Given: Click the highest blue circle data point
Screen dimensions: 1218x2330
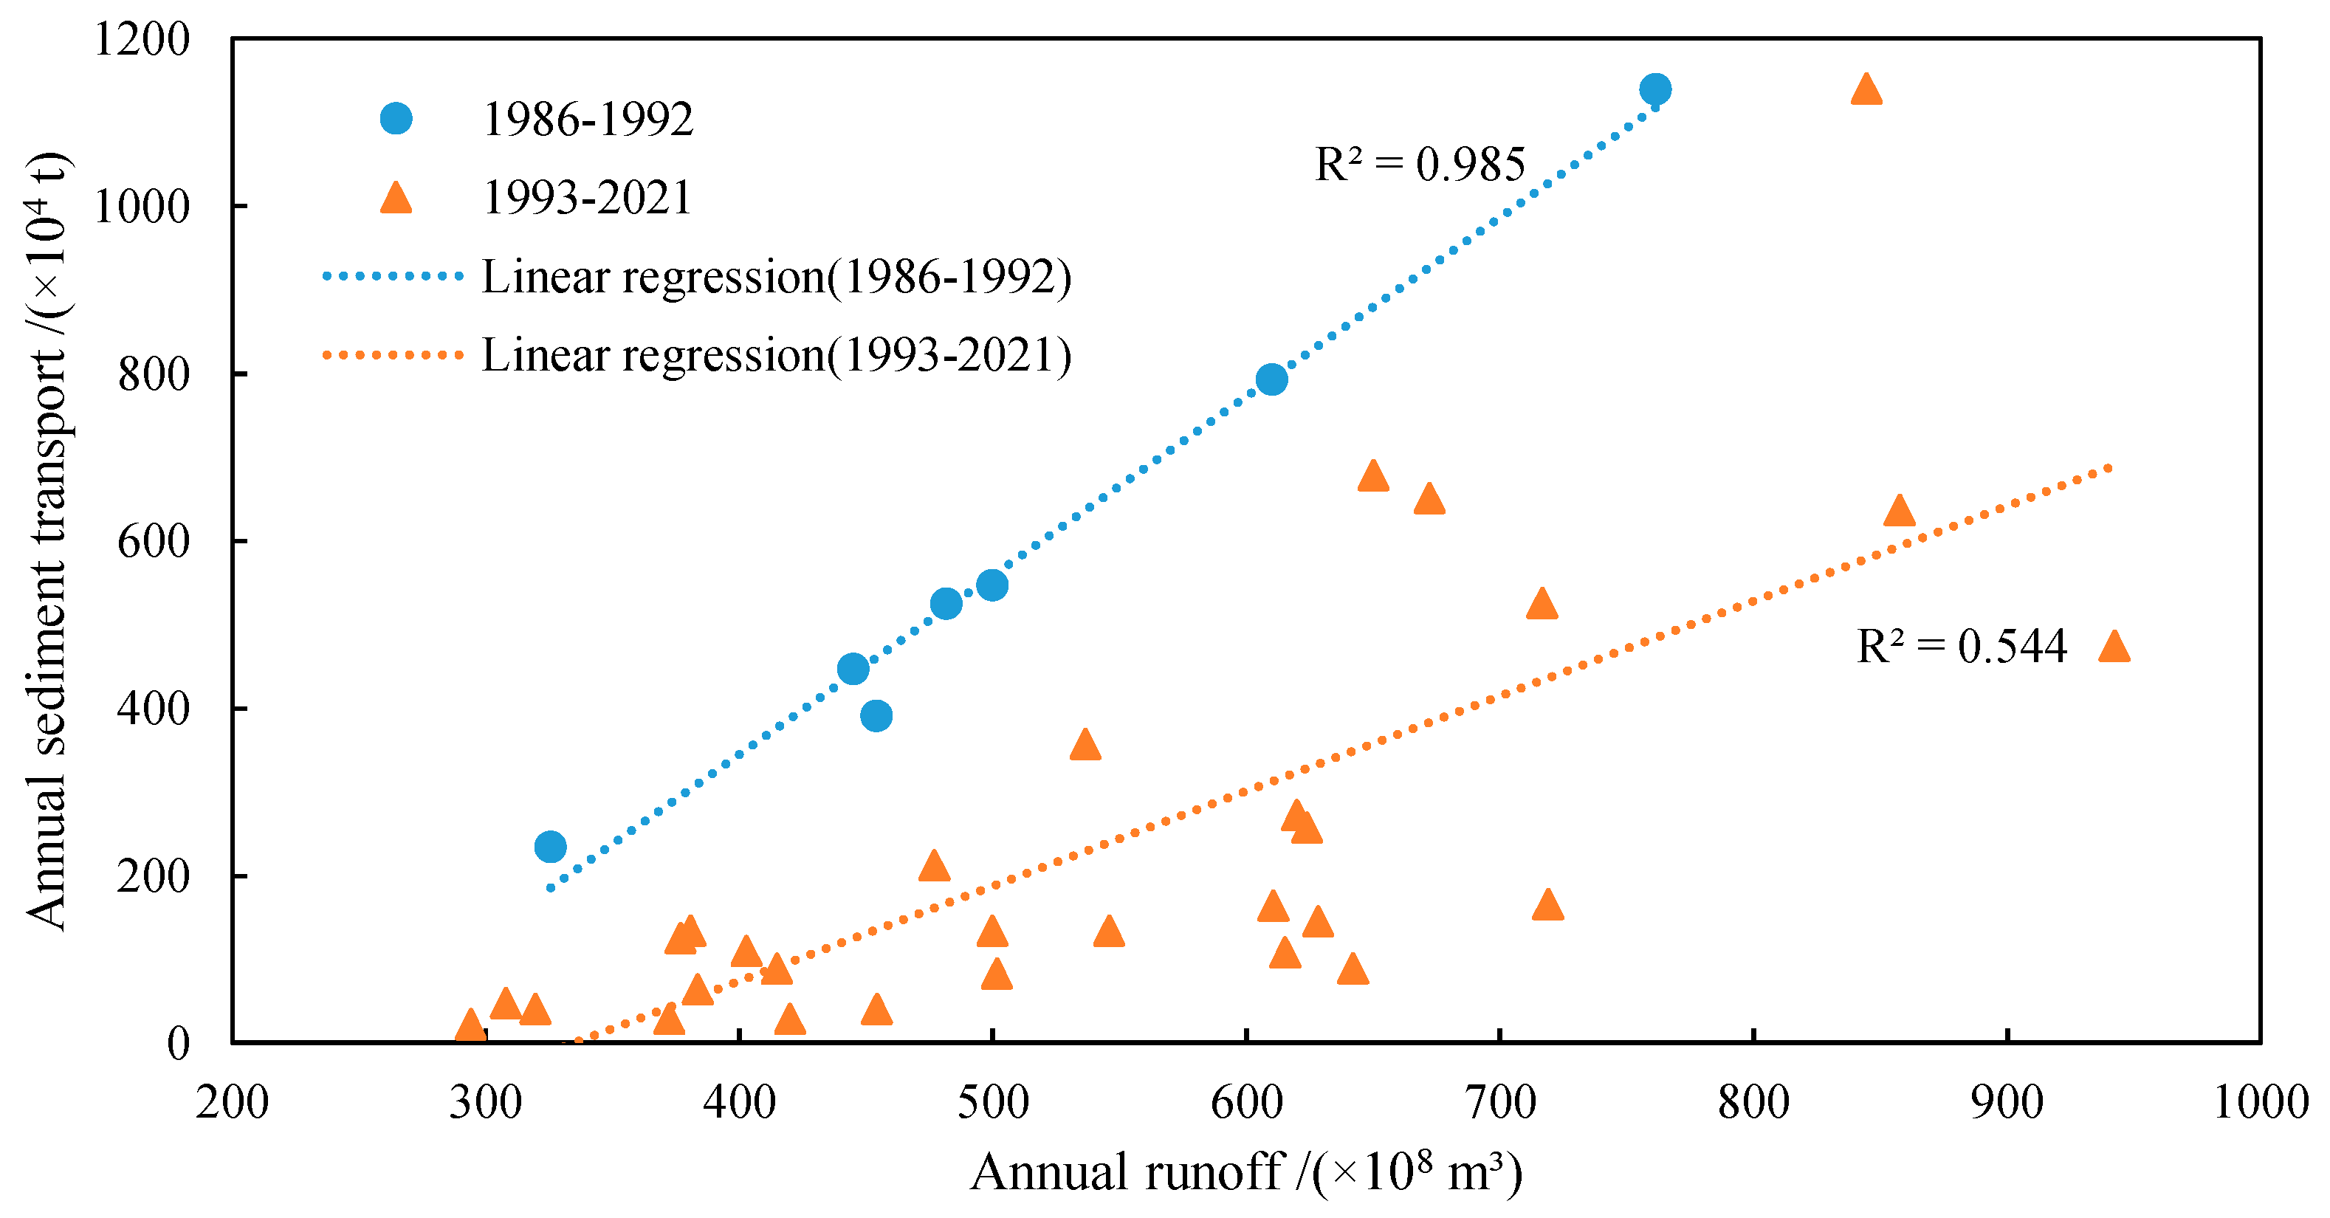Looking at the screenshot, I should (1654, 89).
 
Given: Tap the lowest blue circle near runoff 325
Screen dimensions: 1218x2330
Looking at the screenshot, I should (550, 847).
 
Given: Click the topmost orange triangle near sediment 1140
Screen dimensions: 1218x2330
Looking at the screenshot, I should (1866, 90).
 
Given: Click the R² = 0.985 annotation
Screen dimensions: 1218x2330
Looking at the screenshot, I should (1419, 165).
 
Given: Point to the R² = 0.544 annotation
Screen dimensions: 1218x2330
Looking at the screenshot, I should (1961, 647).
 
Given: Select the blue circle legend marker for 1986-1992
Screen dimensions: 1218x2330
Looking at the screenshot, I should (395, 118).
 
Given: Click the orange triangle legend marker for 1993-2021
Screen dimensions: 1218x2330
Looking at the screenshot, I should (395, 198).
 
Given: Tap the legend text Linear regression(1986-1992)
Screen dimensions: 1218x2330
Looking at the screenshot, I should (776, 277).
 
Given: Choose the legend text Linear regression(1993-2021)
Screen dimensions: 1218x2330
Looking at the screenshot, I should (776, 354).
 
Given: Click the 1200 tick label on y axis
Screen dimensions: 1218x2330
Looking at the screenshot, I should (142, 40).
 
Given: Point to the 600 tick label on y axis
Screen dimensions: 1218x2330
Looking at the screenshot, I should (153, 542).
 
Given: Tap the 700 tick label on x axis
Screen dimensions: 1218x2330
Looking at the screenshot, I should (1499, 1102).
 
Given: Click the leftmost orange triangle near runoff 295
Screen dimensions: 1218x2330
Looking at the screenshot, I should (470, 1026).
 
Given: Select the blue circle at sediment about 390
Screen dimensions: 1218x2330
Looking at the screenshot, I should (876, 716).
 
